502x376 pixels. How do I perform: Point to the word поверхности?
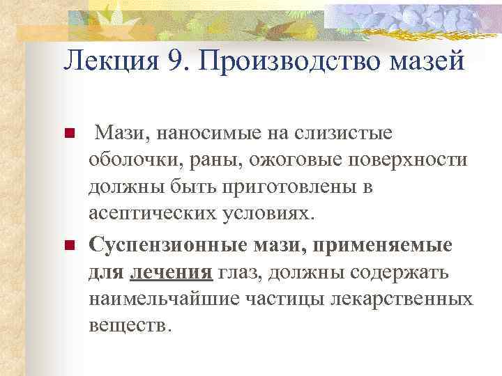pos(404,159)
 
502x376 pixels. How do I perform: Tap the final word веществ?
pos(129,325)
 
